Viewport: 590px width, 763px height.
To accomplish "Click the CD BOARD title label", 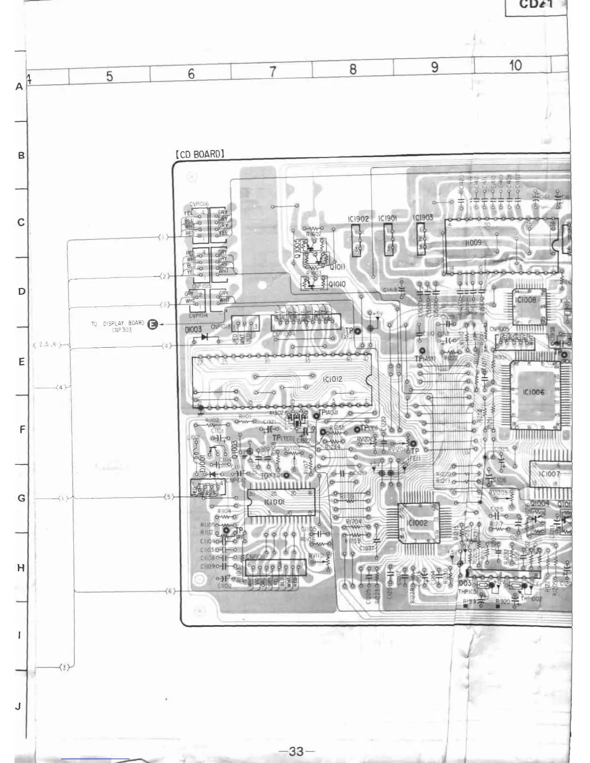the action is point(200,155).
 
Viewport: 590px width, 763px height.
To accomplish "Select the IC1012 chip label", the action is point(332,380).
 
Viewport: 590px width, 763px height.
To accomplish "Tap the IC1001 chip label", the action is point(274,502).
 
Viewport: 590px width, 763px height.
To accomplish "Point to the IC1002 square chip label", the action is point(416,523).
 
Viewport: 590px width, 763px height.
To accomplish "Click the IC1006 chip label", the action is point(533,393).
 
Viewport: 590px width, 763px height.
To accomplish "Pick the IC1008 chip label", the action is point(525,300).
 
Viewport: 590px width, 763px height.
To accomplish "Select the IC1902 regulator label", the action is point(358,219).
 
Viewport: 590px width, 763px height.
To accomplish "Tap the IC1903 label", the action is point(423,218).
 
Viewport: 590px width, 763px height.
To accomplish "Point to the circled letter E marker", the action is point(152,325).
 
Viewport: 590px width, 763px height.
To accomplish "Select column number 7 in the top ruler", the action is point(272,72).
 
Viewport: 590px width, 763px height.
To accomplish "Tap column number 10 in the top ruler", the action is point(515,66).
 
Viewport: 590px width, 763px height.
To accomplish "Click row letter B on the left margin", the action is point(21,156).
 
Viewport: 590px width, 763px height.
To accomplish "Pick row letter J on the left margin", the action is point(18,707).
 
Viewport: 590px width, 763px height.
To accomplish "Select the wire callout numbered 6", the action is point(170,592).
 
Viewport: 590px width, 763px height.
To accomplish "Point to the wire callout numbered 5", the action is point(168,497).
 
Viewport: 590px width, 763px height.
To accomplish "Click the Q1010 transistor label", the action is point(337,285).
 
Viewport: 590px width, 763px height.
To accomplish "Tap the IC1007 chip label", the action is point(550,474).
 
